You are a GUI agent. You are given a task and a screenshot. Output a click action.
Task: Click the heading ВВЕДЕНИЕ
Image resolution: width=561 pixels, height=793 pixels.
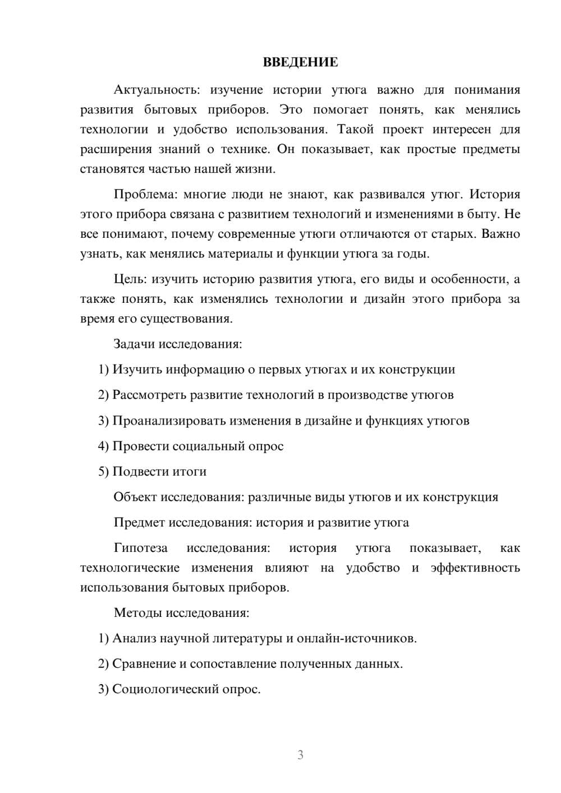[x=300, y=62]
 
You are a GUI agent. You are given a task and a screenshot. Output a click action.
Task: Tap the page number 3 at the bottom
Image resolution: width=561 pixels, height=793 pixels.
[x=300, y=755]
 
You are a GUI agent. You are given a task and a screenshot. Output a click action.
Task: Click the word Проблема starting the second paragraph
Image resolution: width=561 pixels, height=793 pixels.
[x=144, y=194]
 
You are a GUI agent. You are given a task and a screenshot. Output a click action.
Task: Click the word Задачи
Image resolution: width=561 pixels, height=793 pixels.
[x=135, y=344]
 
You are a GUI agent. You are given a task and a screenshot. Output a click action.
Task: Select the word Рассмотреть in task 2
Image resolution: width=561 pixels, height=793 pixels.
[x=149, y=395]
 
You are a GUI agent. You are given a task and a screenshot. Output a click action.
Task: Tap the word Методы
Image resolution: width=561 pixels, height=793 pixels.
[x=137, y=612]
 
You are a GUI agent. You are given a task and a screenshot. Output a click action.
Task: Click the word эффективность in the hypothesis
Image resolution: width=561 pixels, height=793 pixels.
[x=475, y=568]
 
